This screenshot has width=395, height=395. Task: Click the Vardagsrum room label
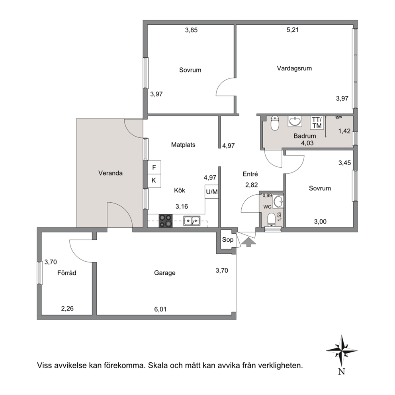pos(294,68)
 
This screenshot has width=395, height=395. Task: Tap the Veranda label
pos(110,173)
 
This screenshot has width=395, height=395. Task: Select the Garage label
pos(165,273)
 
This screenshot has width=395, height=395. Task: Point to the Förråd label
pos(67,273)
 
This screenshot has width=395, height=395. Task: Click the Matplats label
pos(183,145)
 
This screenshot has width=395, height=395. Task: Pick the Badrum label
pos(305,136)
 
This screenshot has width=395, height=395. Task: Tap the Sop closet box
pos(227,240)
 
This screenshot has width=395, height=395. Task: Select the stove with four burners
pos(166,221)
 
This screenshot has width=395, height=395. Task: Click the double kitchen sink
pos(192,221)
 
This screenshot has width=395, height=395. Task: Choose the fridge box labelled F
pos(154,167)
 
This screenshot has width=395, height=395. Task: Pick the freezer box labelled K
pos(154,181)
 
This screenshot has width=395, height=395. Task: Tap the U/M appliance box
pos(211,192)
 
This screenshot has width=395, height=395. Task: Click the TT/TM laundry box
pos(317,122)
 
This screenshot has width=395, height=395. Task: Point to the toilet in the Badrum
pos(275,123)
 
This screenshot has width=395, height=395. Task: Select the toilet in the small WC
pos(271,219)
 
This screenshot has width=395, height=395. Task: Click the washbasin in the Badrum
pos(295,121)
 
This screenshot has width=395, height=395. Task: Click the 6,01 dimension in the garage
pos(160,309)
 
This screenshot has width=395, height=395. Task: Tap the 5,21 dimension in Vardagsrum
pos(293,30)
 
